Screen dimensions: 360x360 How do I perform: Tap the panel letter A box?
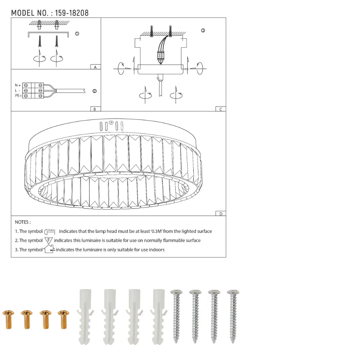pos(95,67)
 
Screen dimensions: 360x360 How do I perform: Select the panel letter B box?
pos(95,109)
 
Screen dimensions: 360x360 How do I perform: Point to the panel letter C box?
pos(221,109)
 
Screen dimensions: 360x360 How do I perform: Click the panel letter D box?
pos(221,214)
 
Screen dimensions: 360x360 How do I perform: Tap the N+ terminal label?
pos(18,85)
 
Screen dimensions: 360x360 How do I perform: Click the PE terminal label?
pos(18,96)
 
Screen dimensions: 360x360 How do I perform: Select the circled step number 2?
pos(94,91)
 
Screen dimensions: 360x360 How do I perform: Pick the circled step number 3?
pos(203,31)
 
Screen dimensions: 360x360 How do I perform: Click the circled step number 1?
pos(77,34)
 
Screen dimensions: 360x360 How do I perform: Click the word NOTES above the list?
pos(23,222)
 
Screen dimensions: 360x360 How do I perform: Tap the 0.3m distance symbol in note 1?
pos(50,231)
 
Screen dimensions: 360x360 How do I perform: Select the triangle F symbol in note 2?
pos(49,240)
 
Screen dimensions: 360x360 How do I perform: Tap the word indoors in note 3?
pos(156,249)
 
